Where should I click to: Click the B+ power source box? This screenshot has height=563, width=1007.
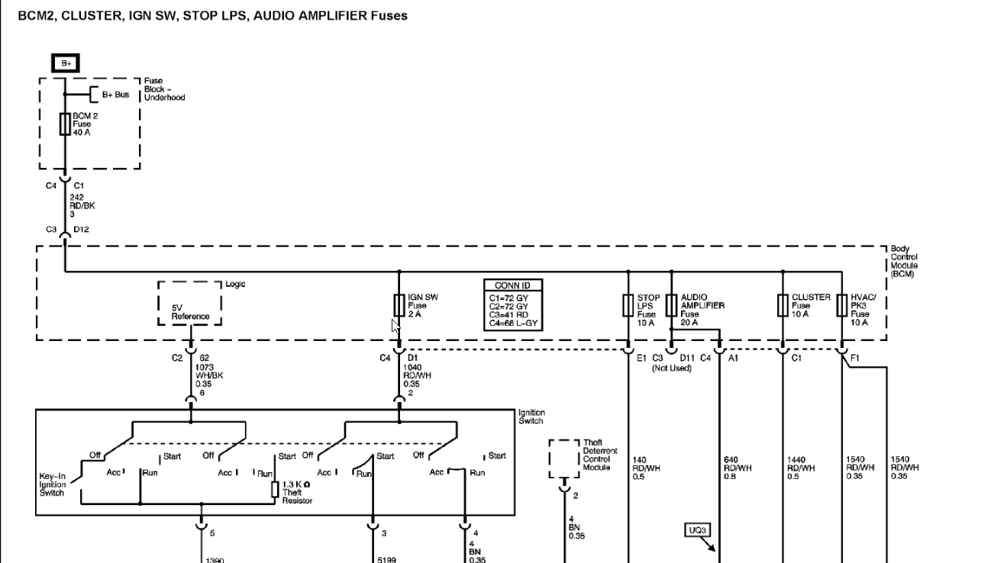(x=66, y=63)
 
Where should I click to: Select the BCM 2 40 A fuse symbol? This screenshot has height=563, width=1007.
(x=65, y=124)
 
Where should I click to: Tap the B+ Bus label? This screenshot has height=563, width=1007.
(x=115, y=95)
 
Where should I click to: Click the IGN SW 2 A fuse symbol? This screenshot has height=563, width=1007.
(x=399, y=306)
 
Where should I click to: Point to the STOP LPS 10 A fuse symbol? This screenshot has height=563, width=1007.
(x=628, y=306)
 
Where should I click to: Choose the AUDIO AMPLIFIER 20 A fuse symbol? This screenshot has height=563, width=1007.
(x=671, y=306)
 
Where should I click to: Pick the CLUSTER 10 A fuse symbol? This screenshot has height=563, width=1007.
(x=783, y=306)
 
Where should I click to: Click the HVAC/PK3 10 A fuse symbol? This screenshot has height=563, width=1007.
(x=842, y=306)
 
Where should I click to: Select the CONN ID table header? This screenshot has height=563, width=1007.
(x=513, y=285)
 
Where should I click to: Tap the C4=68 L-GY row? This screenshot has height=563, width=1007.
(x=513, y=323)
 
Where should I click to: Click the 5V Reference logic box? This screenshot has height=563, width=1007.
(x=189, y=304)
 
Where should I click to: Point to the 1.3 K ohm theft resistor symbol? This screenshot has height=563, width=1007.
(x=275, y=489)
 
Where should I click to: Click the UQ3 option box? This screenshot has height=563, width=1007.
(x=697, y=530)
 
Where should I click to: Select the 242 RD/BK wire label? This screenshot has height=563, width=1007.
(x=82, y=206)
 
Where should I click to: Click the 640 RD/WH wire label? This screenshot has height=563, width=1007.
(x=737, y=468)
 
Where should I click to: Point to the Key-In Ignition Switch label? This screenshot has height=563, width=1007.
(x=52, y=484)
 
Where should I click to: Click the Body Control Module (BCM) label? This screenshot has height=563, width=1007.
(x=904, y=261)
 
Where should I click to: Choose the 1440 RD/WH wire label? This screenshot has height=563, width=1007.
(x=801, y=468)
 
